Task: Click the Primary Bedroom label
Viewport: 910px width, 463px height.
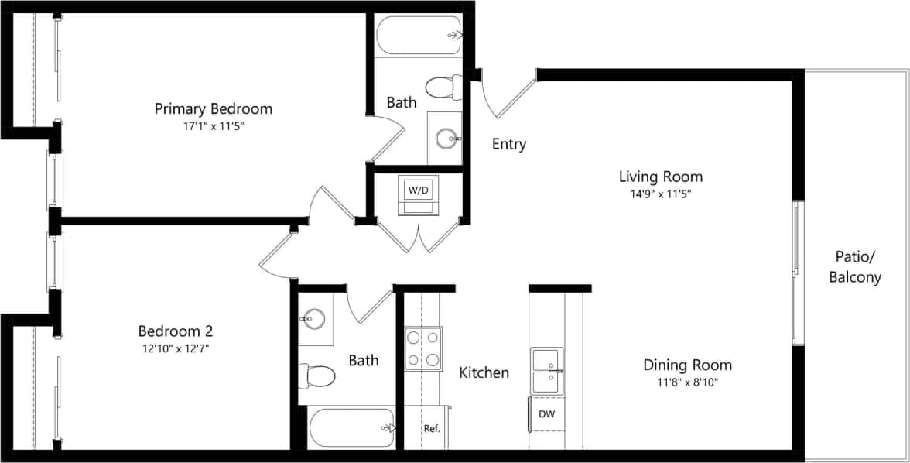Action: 214,108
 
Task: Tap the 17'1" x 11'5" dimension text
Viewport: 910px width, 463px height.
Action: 214,125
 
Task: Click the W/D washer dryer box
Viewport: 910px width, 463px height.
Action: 419,190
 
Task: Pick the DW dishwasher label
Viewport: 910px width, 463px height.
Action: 546,414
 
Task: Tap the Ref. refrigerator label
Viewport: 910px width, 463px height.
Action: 432,428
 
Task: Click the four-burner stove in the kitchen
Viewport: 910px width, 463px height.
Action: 423,348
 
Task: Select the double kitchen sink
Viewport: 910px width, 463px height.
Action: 546,371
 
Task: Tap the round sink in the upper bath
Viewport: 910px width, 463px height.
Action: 446,139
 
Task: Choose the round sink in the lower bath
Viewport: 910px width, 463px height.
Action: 313,318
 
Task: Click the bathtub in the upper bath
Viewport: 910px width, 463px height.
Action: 419,35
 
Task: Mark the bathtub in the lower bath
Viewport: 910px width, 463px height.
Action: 352,428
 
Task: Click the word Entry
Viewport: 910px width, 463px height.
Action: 509,144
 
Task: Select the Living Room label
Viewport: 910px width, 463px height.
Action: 661,177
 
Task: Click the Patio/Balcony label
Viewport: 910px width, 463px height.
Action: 855,267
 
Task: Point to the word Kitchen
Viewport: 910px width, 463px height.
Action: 484,372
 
